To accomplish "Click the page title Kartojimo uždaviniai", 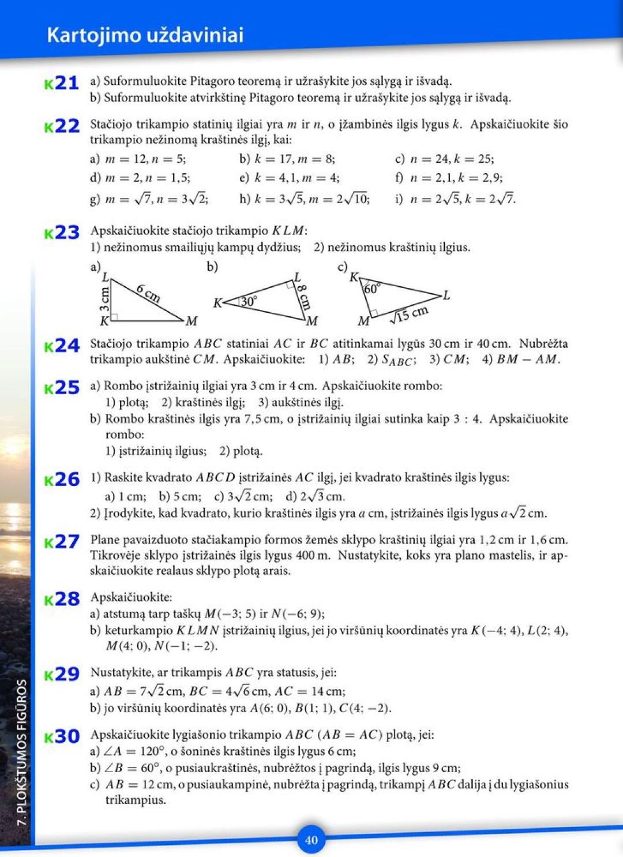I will tap(145, 35).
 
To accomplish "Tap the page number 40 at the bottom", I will tap(311, 840).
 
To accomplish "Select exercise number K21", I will tap(62, 83).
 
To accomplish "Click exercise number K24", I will tap(62, 346).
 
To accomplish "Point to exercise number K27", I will tap(62, 542).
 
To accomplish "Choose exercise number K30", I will tap(62, 736).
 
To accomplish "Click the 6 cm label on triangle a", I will tap(149, 293).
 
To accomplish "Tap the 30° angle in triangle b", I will tap(249, 301).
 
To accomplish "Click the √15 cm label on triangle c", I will tap(410, 315).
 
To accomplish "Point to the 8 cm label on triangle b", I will tap(305, 297).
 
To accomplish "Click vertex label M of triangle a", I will tap(192, 320).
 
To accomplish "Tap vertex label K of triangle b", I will tap(217, 302).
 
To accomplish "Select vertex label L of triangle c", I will tap(446, 295).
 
